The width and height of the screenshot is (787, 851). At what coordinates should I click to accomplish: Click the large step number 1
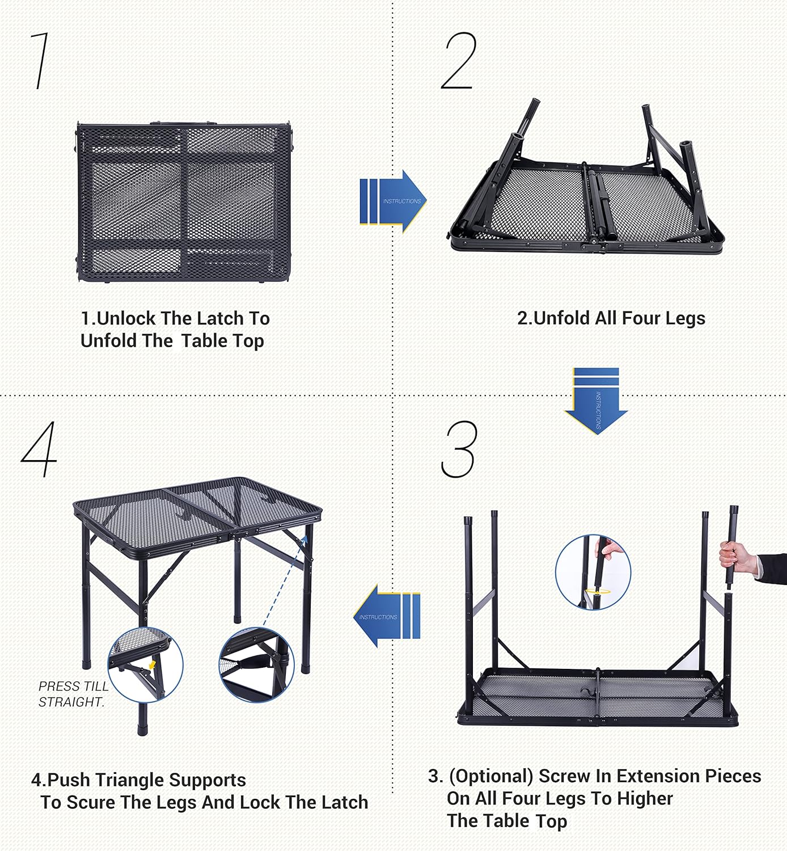(40, 61)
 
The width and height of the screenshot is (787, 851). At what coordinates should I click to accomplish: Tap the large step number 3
(459, 449)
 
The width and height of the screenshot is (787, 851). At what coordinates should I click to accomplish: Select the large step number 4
(40, 449)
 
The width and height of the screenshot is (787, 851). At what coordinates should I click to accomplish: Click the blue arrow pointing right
(393, 201)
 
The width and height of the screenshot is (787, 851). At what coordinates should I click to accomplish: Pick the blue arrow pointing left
(387, 616)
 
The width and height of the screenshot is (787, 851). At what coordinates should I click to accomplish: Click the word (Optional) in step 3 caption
(491, 776)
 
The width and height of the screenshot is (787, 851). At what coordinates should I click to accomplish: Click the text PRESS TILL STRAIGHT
(73, 694)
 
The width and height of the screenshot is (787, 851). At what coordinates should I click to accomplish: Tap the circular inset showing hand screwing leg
(593, 572)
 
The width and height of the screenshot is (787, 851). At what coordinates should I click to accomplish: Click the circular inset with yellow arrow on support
(145, 664)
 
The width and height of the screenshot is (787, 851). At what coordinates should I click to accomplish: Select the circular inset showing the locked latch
(256, 664)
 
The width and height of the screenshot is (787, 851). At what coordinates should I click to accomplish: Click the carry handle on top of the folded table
(183, 123)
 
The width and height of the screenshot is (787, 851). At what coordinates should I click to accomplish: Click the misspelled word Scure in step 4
(92, 803)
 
